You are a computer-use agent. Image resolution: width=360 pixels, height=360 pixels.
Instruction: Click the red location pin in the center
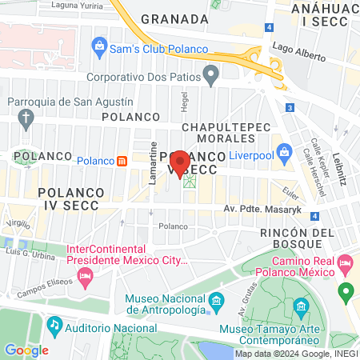(180, 163)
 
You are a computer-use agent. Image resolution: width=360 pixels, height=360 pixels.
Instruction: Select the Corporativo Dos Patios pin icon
(211, 78)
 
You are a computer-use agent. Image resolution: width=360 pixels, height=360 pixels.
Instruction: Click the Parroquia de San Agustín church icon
(26, 121)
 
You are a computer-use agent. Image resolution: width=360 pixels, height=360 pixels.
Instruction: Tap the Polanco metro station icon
(122, 160)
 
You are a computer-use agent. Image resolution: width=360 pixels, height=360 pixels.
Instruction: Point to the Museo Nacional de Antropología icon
(217, 302)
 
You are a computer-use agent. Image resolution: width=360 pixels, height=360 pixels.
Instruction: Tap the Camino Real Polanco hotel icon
(346, 262)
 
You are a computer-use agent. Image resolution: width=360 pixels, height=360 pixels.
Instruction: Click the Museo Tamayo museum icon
(301, 306)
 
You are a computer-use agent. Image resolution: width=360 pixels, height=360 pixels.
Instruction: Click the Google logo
(26, 350)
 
